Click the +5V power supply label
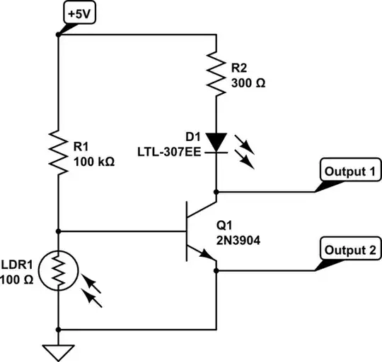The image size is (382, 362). pyautogui.click(x=75, y=13)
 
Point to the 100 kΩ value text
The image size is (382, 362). pyautogui.click(x=93, y=159)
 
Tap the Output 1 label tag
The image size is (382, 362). pyautogui.click(x=349, y=171)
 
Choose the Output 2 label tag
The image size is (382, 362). pyautogui.click(x=349, y=249)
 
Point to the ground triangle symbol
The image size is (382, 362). pyautogui.click(x=58, y=351)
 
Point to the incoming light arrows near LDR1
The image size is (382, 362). pyautogui.click(x=91, y=290)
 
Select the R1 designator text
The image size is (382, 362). pyautogui.click(x=81, y=147)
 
